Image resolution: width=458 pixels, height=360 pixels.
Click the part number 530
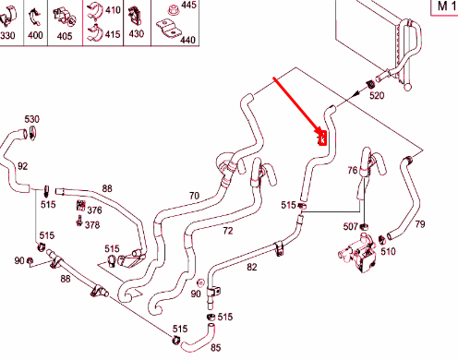[x=31, y=119]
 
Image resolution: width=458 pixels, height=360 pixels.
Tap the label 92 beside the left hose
[x=22, y=166]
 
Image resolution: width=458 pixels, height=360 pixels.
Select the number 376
[x=94, y=210]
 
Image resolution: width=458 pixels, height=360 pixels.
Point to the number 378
[x=92, y=225]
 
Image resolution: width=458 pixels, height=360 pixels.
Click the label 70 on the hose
[x=194, y=196]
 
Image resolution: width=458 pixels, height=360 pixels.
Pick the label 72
[x=228, y=231]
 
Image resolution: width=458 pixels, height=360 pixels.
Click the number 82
[x=252, y=267]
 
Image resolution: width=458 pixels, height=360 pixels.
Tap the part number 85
[x=216, y=348]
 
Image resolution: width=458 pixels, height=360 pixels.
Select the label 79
[x=420, y=224]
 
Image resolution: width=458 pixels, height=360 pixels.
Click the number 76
[x=353, y=170]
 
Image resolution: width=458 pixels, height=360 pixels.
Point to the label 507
[x=351, y=227]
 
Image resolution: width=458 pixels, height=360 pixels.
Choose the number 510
[x=388, y=251]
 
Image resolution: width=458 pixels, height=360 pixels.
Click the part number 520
[x=377, y=95]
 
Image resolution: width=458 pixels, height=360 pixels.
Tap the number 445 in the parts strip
[x=188, y=5]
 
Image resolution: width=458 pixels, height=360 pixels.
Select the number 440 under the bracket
[x=187, y=40]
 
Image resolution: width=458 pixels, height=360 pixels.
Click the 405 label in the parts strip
[x=65, y=36]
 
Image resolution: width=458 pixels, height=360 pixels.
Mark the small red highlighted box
[x=322, y=138]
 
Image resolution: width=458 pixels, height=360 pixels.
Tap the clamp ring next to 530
[x=32, y=133]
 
